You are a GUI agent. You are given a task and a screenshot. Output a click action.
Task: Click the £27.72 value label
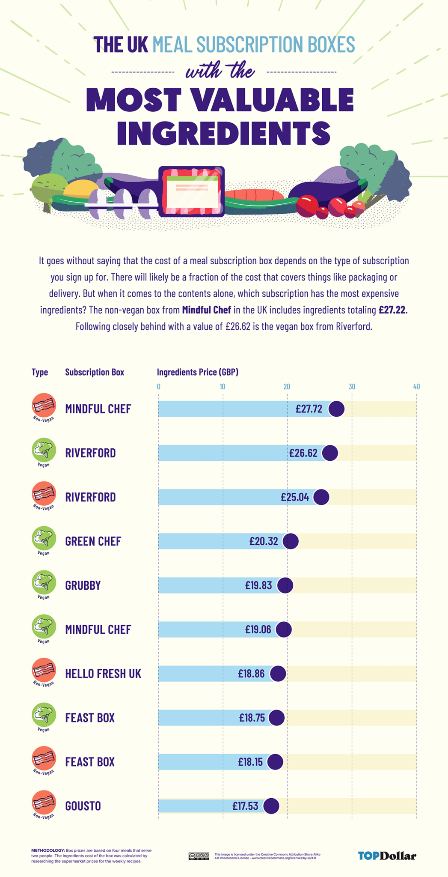(309, 409)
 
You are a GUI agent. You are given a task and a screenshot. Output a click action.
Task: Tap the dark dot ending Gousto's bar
(271, 806)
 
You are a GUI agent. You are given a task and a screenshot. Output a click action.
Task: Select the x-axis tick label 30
(352, 387)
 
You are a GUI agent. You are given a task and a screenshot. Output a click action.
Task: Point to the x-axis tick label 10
(223, 387)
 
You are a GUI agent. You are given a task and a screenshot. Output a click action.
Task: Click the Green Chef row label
(93, 541)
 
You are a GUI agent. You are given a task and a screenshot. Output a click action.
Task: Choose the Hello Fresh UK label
(103, 674)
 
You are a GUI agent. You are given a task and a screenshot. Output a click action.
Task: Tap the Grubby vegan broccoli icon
(44, 582)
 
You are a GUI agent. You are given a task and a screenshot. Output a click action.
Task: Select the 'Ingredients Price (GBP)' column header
(198, 372)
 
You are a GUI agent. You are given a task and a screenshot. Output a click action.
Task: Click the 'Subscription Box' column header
(95, 372)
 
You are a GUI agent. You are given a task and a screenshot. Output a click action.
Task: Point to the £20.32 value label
(264, 541)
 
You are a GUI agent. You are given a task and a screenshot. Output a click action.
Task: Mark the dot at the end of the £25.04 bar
(321, 497)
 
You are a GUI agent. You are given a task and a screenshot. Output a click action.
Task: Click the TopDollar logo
(387, 856)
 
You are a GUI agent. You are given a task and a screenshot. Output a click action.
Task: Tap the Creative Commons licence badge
(199, 856)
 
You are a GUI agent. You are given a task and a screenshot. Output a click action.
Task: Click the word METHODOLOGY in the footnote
(47, 850)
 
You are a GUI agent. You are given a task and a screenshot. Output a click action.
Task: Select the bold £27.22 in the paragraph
(392, 310)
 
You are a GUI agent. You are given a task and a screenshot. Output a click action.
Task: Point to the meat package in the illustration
(192, 191)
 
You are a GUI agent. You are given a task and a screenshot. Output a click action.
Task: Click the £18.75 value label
(252, 718)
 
